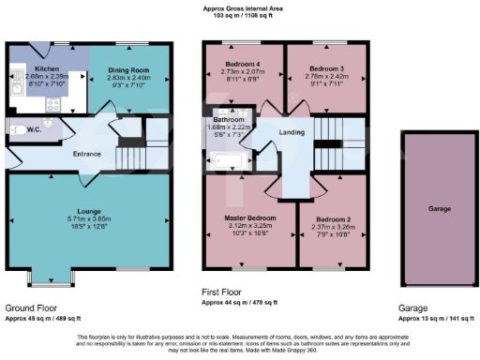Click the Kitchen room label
[x=47, y=69]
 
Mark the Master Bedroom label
[x=242, y=217]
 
